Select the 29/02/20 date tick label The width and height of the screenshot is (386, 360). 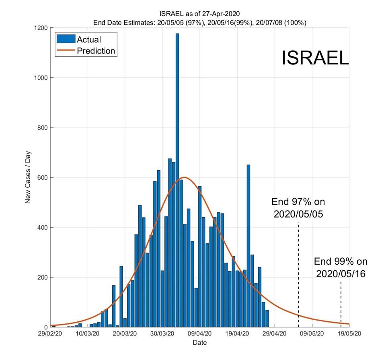50,333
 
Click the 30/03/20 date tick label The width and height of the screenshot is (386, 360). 163,333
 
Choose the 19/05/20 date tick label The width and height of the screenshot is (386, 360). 349,333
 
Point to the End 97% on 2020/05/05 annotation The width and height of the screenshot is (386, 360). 298,208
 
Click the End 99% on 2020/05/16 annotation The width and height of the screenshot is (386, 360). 340,267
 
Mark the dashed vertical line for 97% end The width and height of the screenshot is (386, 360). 298,274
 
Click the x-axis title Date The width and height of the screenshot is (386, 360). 200,343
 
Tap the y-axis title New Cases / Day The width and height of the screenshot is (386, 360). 28,177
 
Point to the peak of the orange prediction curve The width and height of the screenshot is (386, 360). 185,177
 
